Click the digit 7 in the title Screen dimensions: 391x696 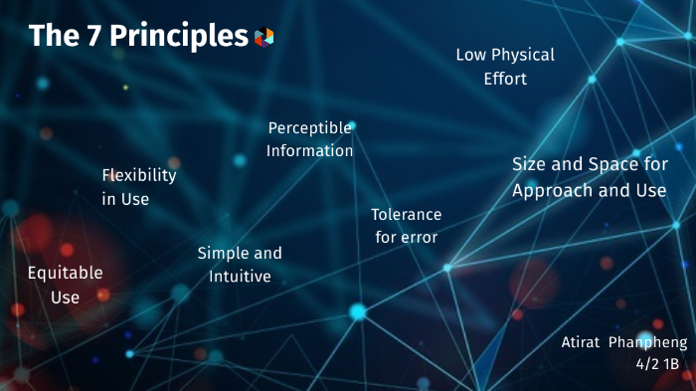tap(91, 36)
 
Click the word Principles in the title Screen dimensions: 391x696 tap(178, 37)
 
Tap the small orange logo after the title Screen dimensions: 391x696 tap(263, 37)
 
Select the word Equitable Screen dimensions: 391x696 tap(65, 272)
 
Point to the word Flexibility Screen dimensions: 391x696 tap(139, 175)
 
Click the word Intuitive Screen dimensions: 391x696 tap(240, 277)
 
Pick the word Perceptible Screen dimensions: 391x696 tap(310, 127)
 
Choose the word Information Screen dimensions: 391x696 tap(309, 151)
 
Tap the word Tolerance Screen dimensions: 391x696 tap(406, 214)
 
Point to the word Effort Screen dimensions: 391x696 tap(505, 79)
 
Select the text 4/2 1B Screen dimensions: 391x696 tap(661, 365)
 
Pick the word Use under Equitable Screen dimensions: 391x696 tap(66, 296)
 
